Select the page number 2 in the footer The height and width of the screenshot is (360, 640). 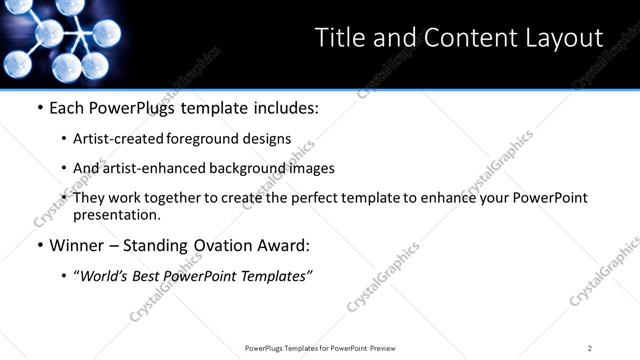coord(590,347)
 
